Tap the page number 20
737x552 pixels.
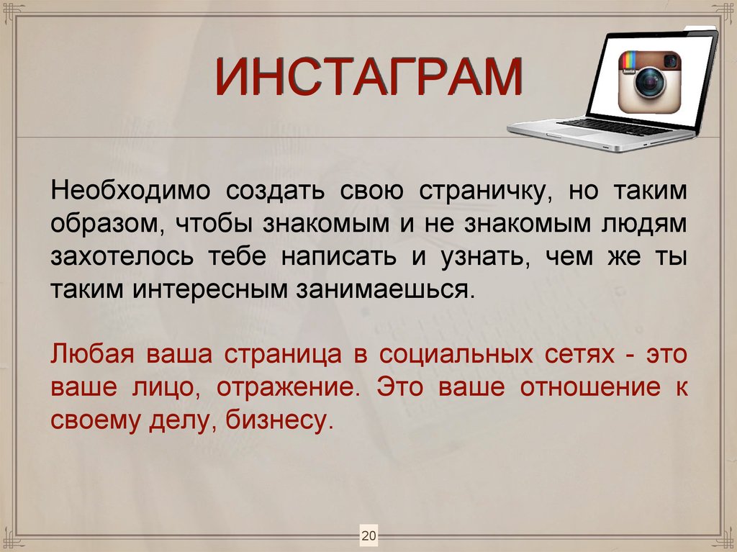pos(368,536)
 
